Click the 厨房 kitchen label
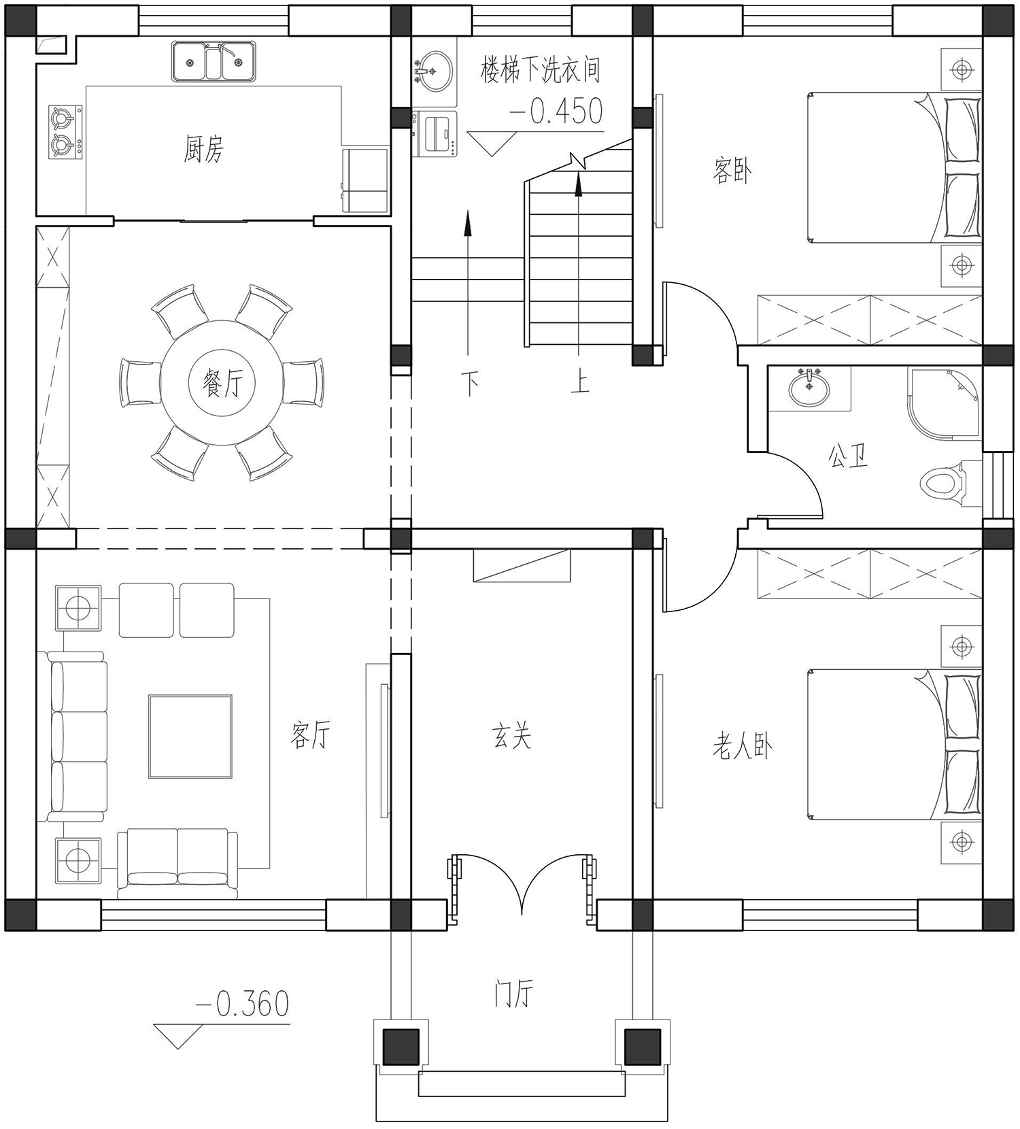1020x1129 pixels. tap(203, 149)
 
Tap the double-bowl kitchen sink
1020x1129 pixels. tap(214, 61)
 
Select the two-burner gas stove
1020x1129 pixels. tap(65, 132)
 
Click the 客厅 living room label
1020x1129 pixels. tap(311, 735)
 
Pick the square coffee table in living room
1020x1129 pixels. tap(190, 736)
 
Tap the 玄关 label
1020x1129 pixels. tap(511, 736)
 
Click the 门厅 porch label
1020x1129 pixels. tap(513, 994)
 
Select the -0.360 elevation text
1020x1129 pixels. tap(242, 1004)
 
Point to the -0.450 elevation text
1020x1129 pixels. tap(556, 111)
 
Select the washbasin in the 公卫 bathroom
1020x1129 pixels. tap(809, 389)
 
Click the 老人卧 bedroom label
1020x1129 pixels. tap(742, 746)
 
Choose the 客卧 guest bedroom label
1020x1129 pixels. tap(732, 170)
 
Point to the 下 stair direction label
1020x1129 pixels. tap(470, 383)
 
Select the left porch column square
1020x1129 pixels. tap(401, 1046)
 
